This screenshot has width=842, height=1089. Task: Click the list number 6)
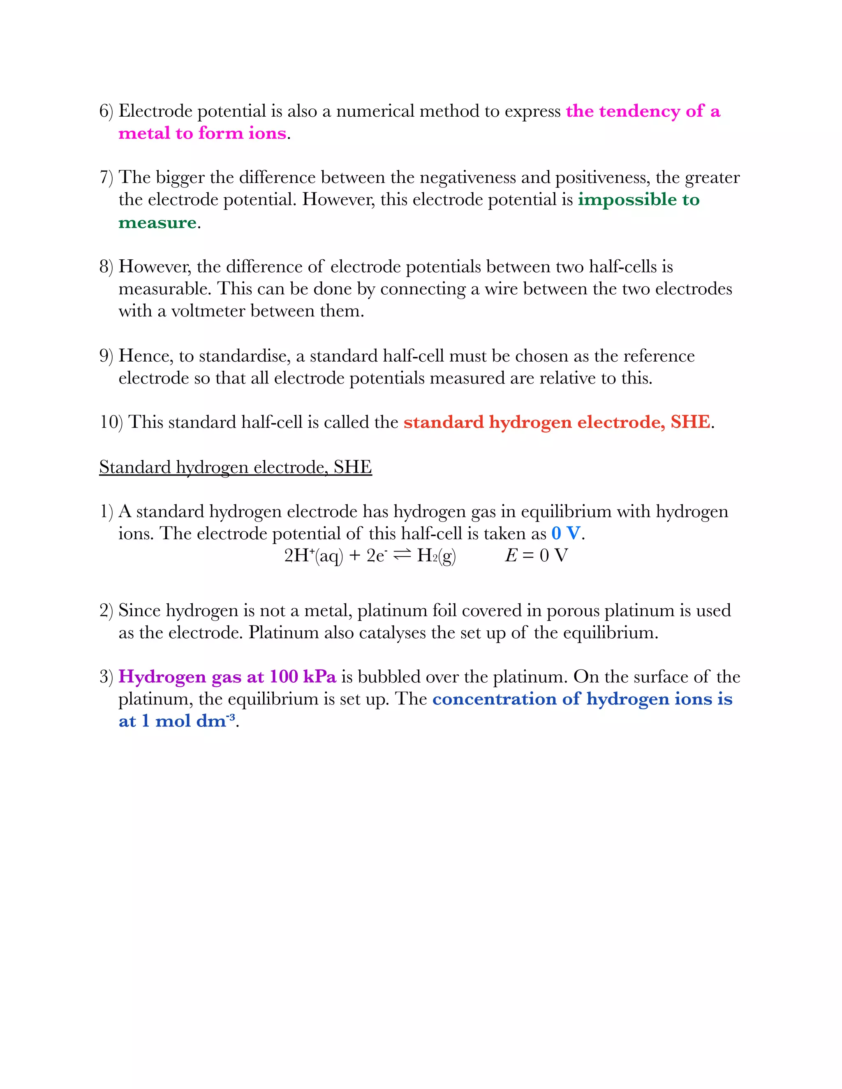pos(106,111)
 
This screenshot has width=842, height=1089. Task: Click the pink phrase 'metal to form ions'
pos(202,134)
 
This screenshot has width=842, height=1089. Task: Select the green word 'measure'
pos(157,222)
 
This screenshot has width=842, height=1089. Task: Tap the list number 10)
pos(111,422)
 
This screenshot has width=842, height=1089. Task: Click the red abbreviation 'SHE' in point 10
pos(690,422)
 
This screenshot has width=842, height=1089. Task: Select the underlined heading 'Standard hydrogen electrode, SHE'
pos(236,467)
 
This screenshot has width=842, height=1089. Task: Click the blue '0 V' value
pos(566,533)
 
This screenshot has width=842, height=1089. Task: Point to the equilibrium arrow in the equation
pos(402,555)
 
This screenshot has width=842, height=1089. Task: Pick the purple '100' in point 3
pos(283,677)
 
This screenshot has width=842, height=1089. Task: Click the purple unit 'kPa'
pos(319,677)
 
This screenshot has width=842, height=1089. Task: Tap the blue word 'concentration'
pos(494,699)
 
